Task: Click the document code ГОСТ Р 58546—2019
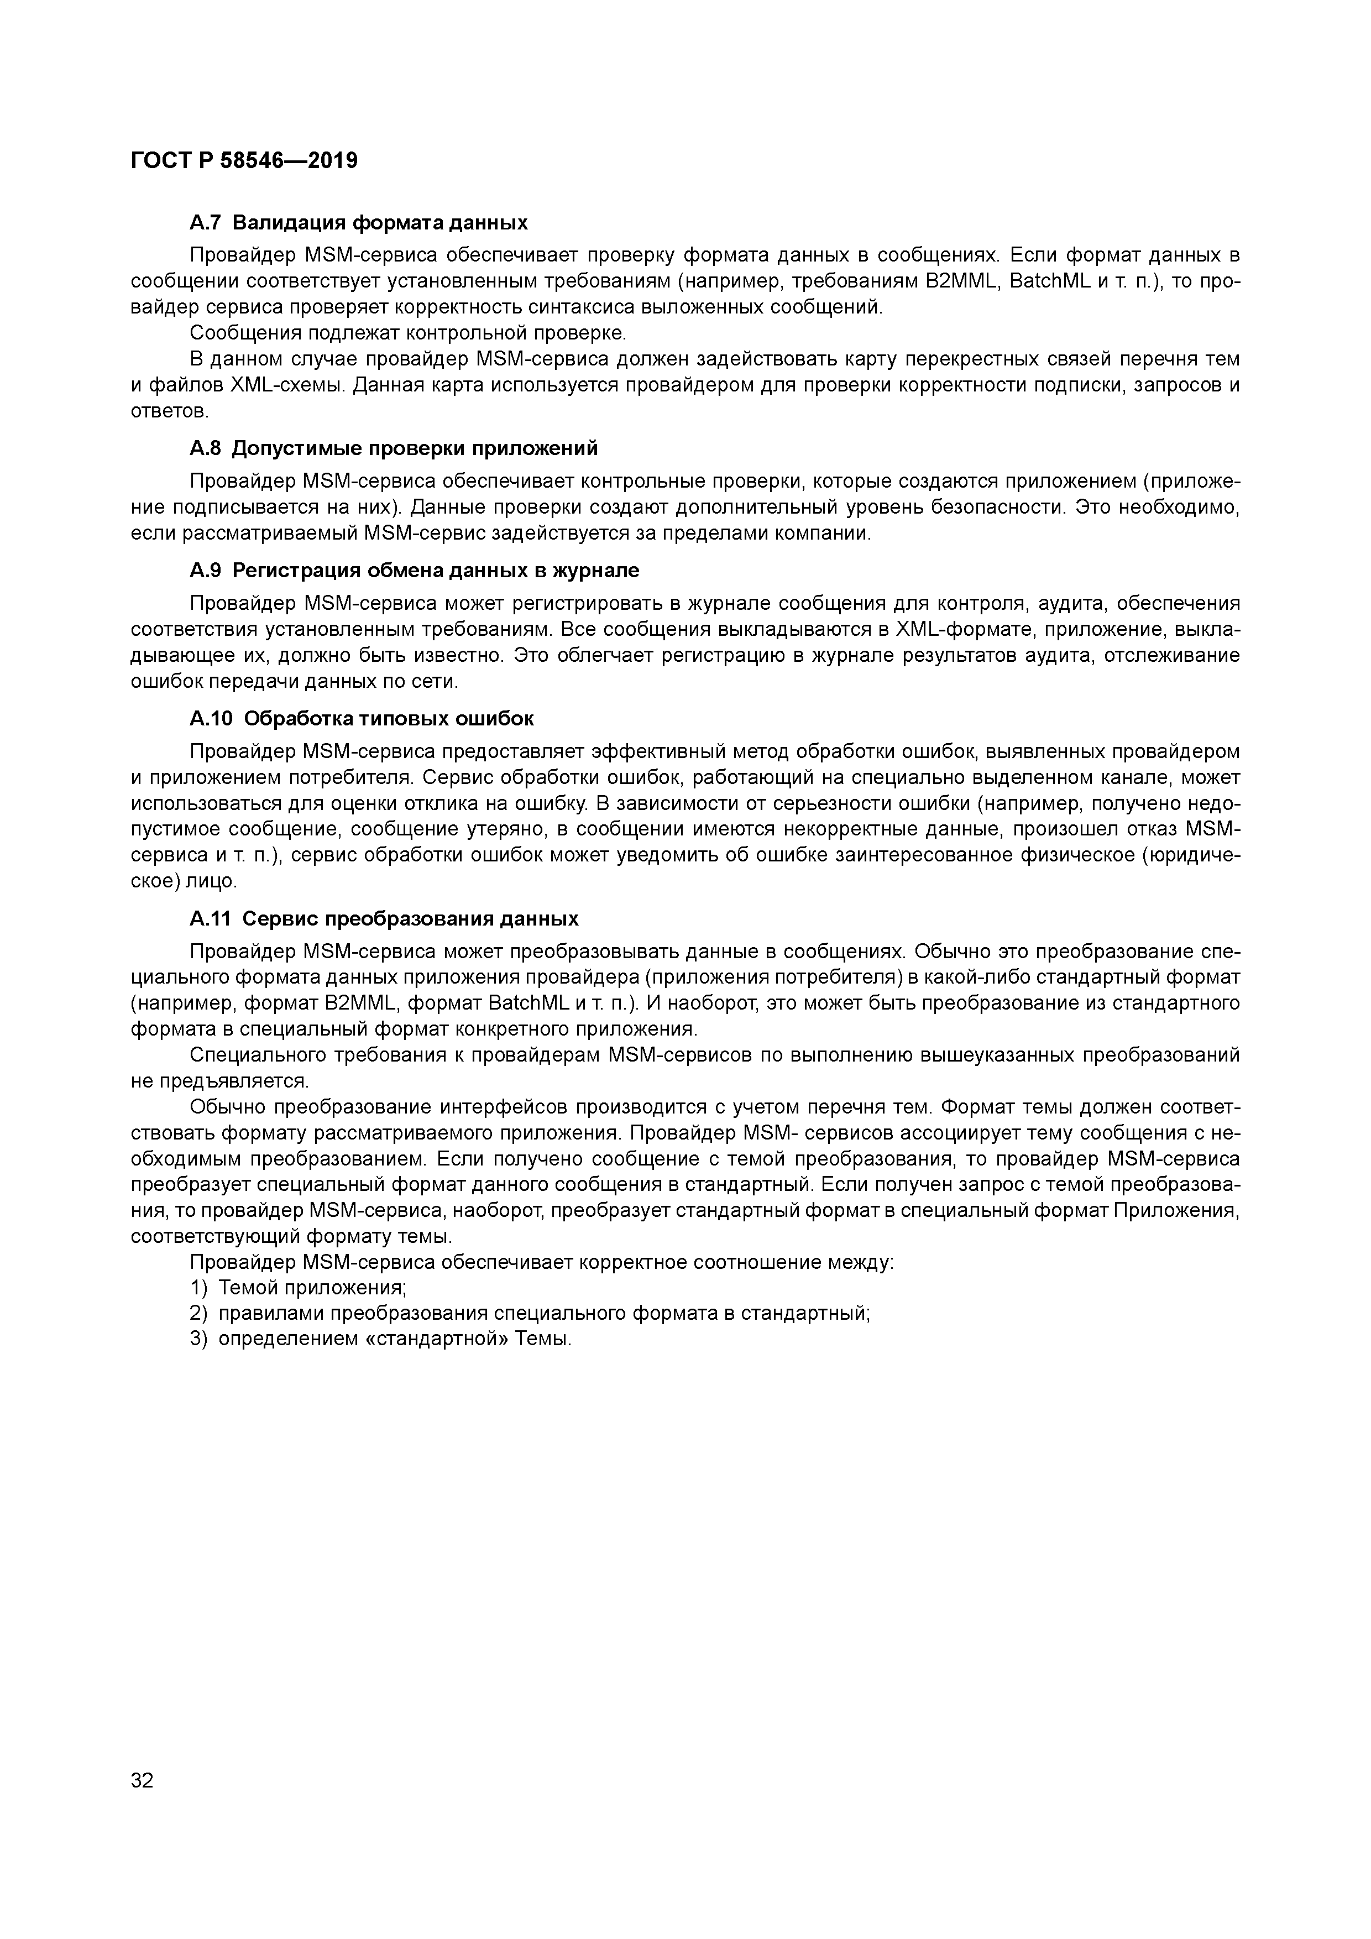pos(244,160)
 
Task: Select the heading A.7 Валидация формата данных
pos(359,223)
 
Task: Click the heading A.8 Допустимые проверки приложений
pos(394,448)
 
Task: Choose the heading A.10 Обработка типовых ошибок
pos(362,719)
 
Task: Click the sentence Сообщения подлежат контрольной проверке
pos(408,333)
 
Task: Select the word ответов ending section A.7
pos(169,411)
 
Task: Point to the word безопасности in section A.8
pos(1000,508)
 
